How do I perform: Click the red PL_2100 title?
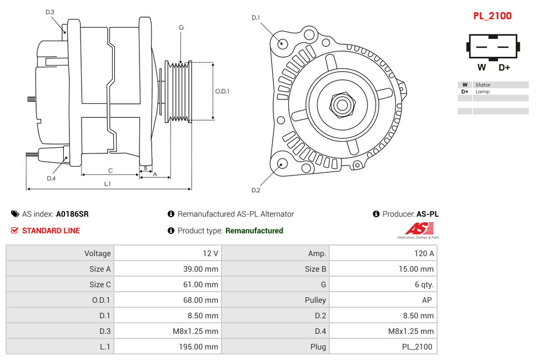pos(492,16)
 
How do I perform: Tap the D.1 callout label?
pos(255,18)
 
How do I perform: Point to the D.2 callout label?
pos(255,190)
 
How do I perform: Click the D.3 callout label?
pos(49,12)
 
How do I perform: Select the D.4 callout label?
pos(51,178)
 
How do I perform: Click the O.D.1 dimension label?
pos(222,91)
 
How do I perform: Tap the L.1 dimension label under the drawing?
pos(107,184)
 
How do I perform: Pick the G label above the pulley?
pos(181,27)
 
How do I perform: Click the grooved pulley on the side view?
pos(179,91)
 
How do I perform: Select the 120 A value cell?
pos(383,253)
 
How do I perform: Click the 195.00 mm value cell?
pos(167,347)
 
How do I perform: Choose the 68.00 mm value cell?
pos(167,300)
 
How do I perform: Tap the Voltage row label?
pos(60,253)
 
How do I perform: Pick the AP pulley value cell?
pos(383,300)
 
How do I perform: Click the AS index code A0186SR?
pos(72,214)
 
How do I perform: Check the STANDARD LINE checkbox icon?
pos(15,231)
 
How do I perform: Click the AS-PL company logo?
pos(418,230)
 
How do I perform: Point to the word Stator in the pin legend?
pos(483,85)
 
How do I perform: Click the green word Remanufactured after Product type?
pos(254,231)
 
